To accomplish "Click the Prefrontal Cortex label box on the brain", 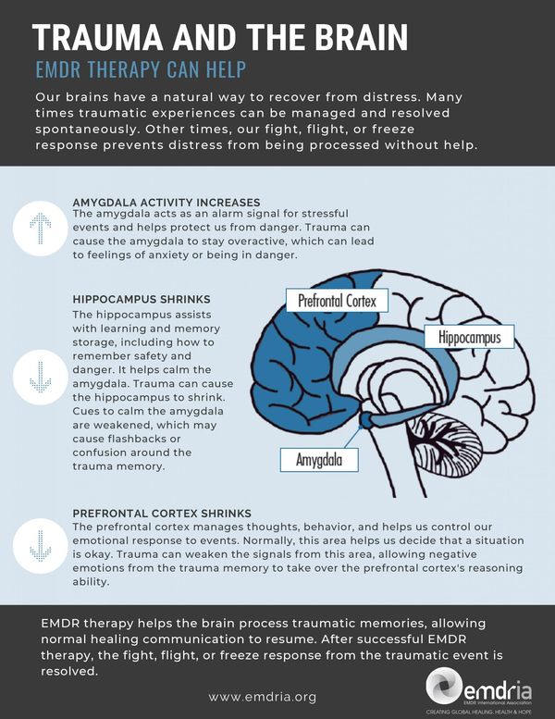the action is pos(338,301).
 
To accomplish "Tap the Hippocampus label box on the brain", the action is pos(469,337).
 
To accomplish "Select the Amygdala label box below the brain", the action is pos(319,460).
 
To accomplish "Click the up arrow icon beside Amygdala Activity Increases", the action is pos(41,228).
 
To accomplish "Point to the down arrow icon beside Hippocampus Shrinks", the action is pos(41,377).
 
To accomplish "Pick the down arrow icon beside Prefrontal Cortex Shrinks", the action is pos(41,546).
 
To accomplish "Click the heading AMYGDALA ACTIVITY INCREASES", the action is pos(166,203).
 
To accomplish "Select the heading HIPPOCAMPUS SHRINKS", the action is pos(142,300).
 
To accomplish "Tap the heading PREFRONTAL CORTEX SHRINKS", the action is pos(162,514).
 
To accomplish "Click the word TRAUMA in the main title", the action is pos(98,37).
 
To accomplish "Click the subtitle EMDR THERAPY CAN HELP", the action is pos(142,69).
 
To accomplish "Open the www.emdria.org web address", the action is pos(263,697).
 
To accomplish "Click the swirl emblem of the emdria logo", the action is pos(443,686).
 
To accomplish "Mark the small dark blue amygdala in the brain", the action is pos(365,418).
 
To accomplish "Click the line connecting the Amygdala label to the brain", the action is pos(351,438).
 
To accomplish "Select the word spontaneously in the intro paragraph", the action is pos(87,129).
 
